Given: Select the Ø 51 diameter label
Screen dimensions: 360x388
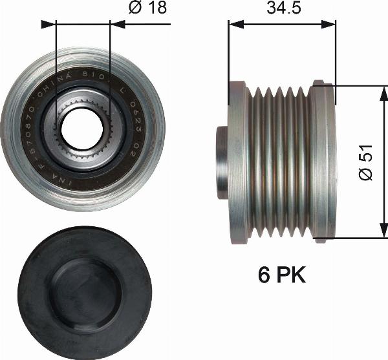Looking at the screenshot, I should (x=365, y=162).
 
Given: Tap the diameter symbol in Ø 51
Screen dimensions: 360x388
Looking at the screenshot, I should (x=365, y=175).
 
